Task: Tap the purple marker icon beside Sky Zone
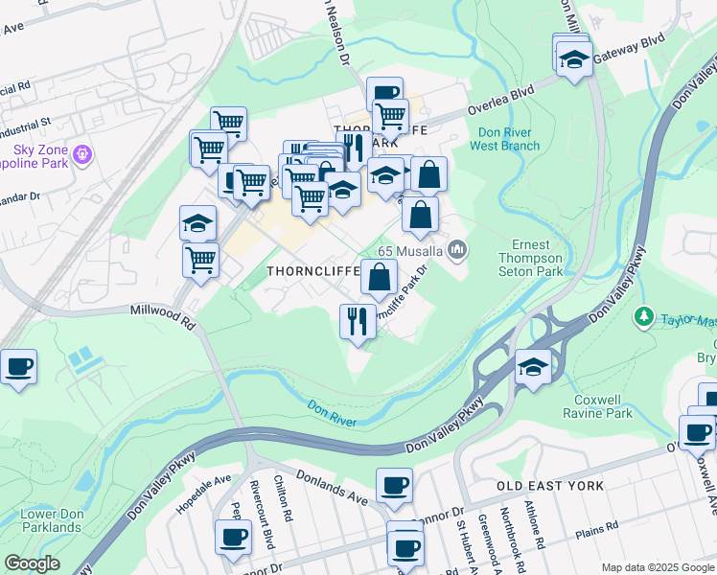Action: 82,152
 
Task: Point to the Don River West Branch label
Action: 504,139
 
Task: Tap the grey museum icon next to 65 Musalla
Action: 458,251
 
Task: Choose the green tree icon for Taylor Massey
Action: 645,317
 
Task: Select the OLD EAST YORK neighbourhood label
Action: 551,486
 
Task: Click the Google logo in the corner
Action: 32,563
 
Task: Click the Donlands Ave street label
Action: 332,487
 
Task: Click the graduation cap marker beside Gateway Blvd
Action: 573,60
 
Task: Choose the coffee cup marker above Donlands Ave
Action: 394,484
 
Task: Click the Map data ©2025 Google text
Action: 658,566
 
